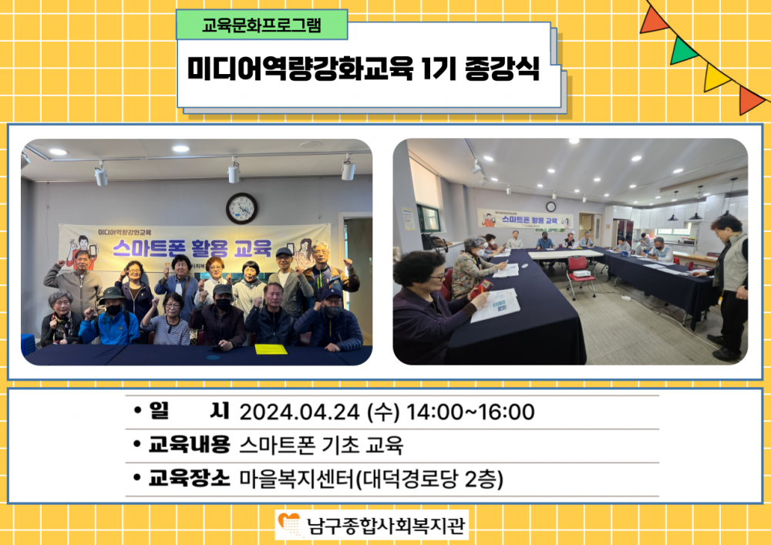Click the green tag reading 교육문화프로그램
(x=261, y=25)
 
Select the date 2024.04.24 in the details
(x=299, y=412)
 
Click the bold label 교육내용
(x=190, y=445)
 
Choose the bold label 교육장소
(x=190, y=478)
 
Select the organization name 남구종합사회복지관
(x=385, y=525)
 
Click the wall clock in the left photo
(x=241, y=208)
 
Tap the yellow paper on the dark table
(x=271, y=349)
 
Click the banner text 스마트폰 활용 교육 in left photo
(x=192, y=248)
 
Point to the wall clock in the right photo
(x=550, y=207)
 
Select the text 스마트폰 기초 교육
(x=321, y=446)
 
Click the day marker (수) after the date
(x=383, y=412)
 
